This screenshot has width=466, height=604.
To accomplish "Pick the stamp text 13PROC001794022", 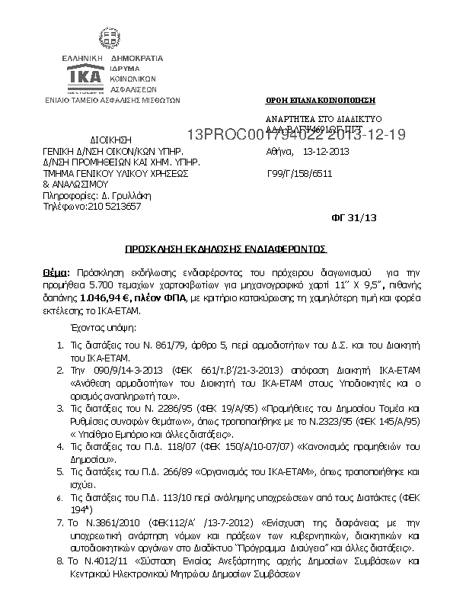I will [x=241, y=136].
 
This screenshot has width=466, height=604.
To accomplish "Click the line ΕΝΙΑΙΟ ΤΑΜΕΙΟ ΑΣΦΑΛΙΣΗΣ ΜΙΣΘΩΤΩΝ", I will [x=112, y=99].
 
